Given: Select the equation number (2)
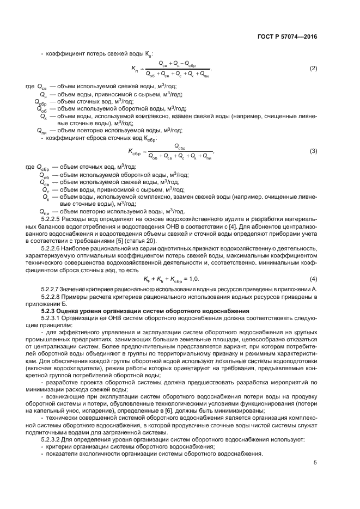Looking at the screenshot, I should pyautogui.click(x=313, y=69).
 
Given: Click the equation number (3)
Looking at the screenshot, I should pyautogui.click(x=313, y=151).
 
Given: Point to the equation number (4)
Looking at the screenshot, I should pyautogui.click(x=313, y=279).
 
